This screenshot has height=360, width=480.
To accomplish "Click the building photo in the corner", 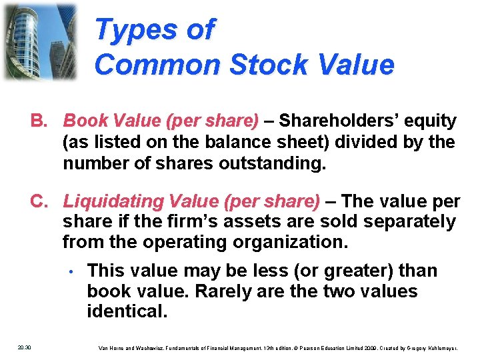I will (x=39, y=41).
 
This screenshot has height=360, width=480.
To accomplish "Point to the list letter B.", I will (x=39, y=121).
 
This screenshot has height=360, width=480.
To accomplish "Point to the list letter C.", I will (x=39, y=201).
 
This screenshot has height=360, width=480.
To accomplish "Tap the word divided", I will (x=367, y=142).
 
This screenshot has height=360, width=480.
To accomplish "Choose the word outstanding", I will (x=273, y=163).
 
